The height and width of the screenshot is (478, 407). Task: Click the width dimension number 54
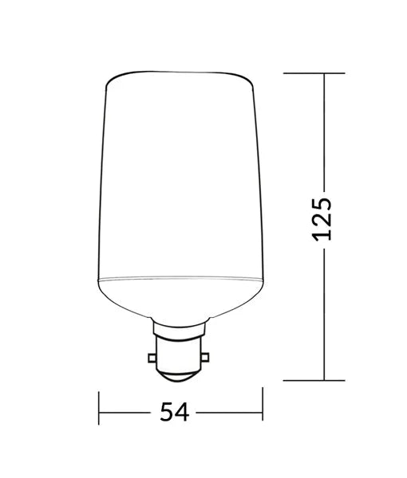(173, 412)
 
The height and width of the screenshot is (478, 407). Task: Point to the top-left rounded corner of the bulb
(110, 80)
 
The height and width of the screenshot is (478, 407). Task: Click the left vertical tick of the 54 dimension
(99, 412)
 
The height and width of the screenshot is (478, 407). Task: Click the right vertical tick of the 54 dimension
(263, 412)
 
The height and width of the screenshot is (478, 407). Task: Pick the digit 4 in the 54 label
(183, 412)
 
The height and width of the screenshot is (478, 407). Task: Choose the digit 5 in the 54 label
(165, 412)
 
